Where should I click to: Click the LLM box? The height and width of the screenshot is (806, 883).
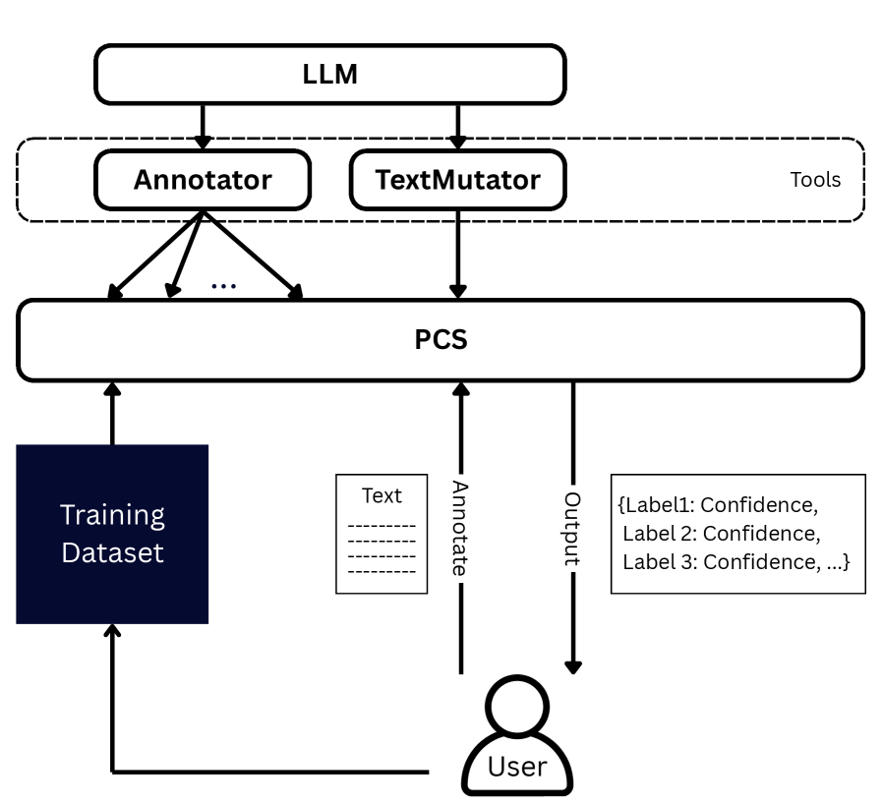(x=329, y=73)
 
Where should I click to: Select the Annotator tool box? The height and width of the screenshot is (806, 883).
(x=202, y=181)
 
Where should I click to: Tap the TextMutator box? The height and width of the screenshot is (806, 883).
(x=459, y=181)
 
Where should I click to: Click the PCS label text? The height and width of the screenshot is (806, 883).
(x=441, y=341)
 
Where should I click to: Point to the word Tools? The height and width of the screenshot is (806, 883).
(x=815, y=181)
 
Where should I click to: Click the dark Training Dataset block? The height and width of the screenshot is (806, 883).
(x=112, y=534)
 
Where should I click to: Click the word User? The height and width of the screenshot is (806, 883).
(x=516, y=766)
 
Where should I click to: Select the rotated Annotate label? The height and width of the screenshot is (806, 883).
(x=459, y=528)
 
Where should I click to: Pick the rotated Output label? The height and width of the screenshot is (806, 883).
(x=572, y=528)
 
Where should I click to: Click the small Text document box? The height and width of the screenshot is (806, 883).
(x=383, y=534)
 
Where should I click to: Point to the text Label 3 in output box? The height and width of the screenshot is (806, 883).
(x=658, y=562)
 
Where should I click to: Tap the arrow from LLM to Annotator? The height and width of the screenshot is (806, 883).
(x=202, y=126)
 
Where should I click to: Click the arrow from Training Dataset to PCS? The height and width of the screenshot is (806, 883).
(x=112, y=413)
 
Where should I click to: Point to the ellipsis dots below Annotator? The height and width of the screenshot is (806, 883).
(x=223, y=286)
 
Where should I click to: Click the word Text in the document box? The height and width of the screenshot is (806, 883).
(x=382, y=495)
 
